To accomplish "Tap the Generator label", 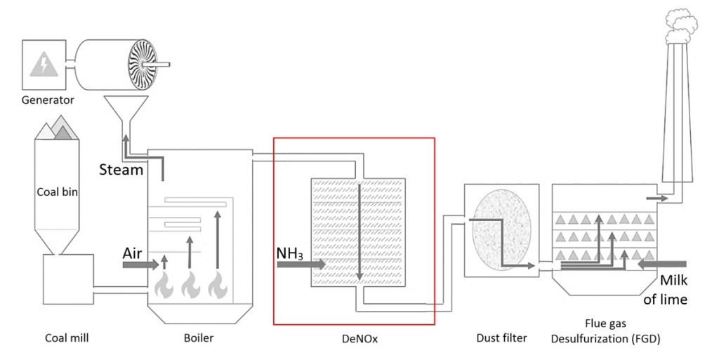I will click(47, 100).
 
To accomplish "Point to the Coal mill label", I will click(67, 338).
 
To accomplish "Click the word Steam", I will click(121, 170).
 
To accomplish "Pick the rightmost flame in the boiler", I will click(217, 285).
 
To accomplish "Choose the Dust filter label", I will click(501, 338).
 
